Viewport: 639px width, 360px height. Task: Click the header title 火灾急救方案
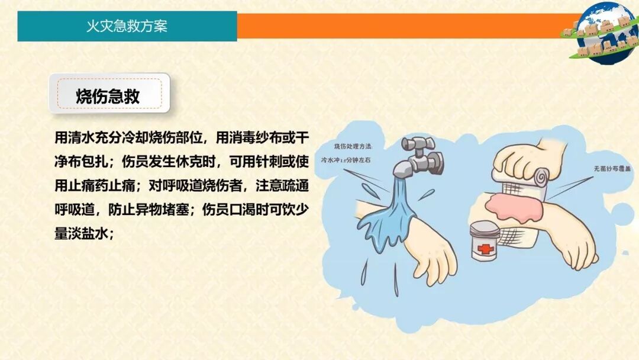pos(127,27)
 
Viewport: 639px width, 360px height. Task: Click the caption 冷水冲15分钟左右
pos(348,159)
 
